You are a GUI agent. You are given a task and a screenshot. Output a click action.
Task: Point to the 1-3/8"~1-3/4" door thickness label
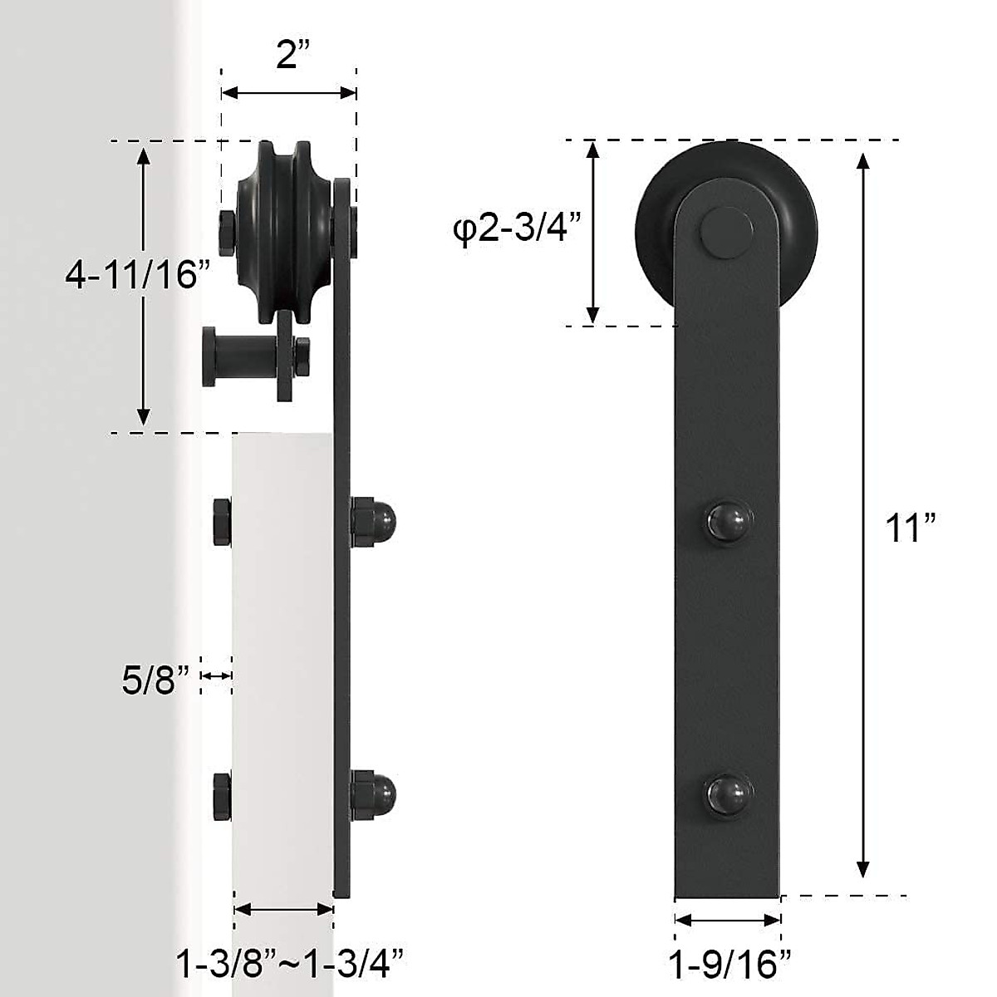pos(290,964)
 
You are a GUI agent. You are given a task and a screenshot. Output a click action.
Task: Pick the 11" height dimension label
pos(911,527)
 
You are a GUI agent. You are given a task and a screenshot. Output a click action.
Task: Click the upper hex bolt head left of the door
pos(222,523)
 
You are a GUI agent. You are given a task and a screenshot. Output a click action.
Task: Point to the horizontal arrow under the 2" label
pos(289,93)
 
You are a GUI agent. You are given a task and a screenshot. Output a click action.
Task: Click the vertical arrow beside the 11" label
pos(863,515)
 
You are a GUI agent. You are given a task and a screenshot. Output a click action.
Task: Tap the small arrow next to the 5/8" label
pos(217,677)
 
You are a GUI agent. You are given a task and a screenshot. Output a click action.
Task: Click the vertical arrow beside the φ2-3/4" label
pos(592,233)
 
